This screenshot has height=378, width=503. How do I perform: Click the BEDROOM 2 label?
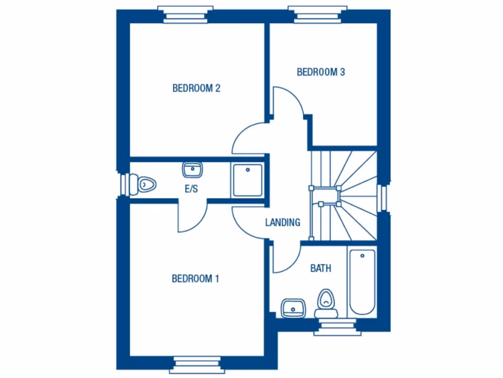pos(196,89)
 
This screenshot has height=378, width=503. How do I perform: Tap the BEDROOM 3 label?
pos(321,72)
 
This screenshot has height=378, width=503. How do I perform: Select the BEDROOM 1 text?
pos(195,279)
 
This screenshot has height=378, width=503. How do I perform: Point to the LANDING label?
pos(282,222)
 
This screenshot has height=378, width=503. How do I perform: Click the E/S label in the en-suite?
pos(191,189)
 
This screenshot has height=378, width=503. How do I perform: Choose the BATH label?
pos(320,268)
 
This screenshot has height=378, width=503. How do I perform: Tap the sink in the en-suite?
pos(193,170)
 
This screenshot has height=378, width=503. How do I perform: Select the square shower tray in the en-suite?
pos(248,180)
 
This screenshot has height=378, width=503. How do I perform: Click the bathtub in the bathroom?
pos(362,282)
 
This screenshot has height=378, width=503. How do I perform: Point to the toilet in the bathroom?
pos(325,301)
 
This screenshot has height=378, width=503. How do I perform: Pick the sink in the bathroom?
pos(293,308)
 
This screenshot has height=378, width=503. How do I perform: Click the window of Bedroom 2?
pos(185,15)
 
